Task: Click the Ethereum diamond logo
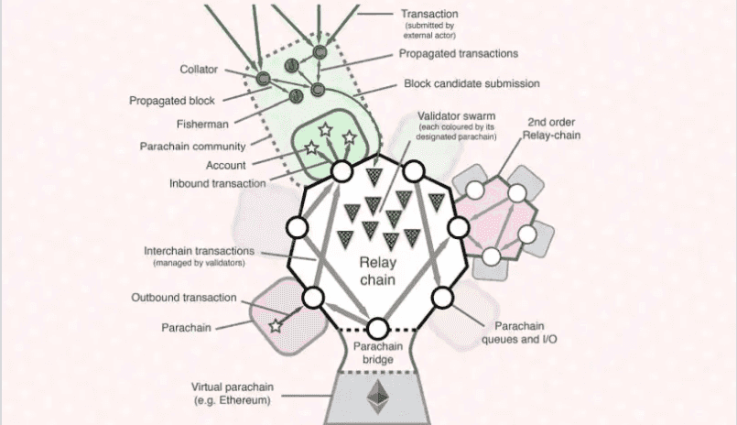pos(376,397)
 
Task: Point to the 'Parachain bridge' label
pos(376,353)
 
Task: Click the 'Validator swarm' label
pos(456,117)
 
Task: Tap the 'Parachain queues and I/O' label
pos(520,332)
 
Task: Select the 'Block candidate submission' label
pos(471,83)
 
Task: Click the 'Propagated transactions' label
pos(459,54)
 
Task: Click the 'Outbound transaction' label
pos(184,298)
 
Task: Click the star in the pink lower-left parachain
pos(276,325)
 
